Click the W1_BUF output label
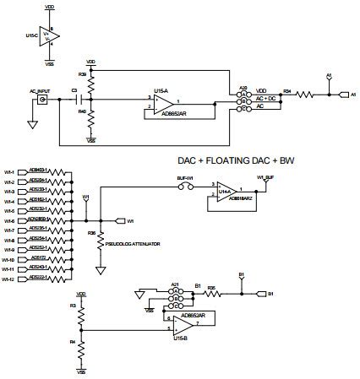266,178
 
